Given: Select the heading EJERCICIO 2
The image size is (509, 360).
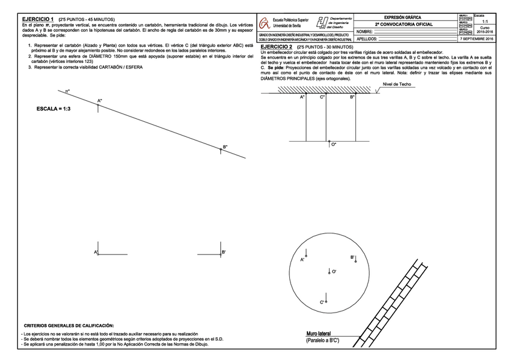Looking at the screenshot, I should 277,46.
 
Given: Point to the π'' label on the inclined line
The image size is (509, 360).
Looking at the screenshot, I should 68,91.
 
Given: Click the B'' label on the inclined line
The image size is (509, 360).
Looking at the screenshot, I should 225,147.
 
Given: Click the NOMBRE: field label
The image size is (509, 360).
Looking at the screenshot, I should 365,32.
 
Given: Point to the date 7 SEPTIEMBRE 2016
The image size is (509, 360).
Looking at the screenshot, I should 477,38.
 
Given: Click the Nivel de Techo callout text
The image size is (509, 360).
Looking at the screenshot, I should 397,85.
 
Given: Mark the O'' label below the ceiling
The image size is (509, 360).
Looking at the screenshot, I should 334,144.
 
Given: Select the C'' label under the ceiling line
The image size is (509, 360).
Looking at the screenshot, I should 322,97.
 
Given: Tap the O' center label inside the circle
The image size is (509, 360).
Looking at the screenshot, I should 334,272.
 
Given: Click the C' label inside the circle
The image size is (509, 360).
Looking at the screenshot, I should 322,302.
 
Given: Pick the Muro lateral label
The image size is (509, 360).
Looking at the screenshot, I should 319,334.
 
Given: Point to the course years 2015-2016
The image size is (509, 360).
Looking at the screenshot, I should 484,32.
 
